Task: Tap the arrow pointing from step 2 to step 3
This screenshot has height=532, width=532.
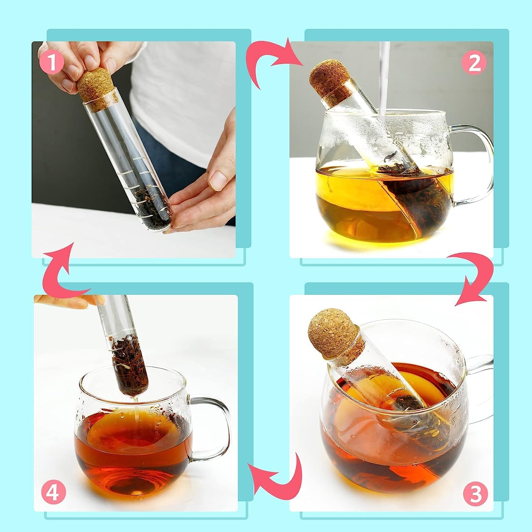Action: [475, 280]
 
